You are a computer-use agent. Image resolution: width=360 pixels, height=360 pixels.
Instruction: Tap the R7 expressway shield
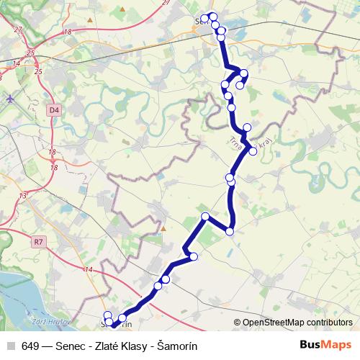click(x=38, y=243)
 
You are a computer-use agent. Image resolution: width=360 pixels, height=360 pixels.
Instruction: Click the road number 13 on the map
click(x=23, y=195)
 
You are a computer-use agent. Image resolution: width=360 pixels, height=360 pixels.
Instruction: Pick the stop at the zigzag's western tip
click(x=205, y=216)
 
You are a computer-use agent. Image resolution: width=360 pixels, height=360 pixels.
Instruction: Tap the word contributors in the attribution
click(x=328, y=323)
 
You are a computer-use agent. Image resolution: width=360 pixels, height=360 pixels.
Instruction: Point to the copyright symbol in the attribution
click(x=238, y=323)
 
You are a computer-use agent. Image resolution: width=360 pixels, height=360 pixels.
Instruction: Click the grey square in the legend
click(x=11, y=344)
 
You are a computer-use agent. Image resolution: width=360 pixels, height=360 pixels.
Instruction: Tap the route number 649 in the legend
click(x=30, y=344)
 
